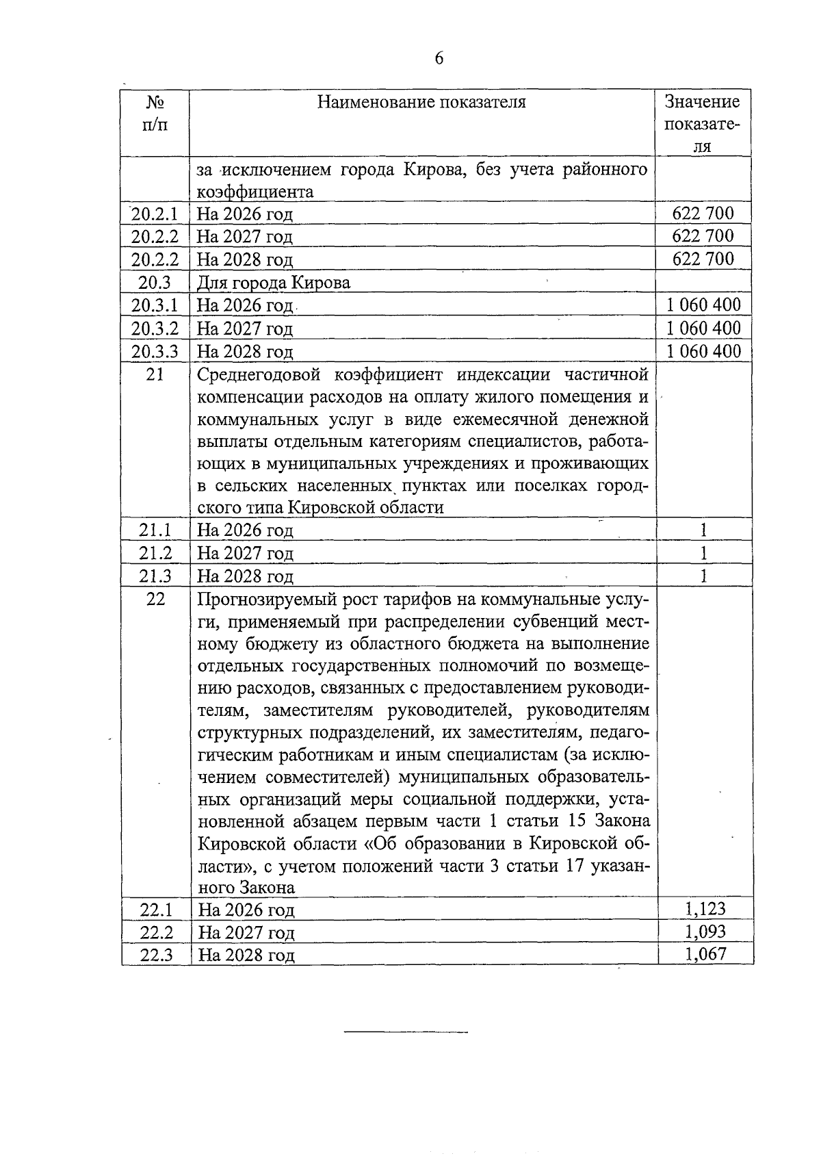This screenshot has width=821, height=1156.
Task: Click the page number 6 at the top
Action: (439, 59)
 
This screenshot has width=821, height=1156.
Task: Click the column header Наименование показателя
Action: (421, 103)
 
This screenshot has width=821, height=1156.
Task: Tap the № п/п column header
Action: (155, 114)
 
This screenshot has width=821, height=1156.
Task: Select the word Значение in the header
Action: (703, 102)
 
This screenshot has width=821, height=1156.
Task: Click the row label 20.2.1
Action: (155, 214)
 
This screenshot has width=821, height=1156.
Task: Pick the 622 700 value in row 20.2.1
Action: (703, 214)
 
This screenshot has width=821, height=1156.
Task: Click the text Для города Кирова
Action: (274, 283)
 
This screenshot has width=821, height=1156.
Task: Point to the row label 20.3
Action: (155, 282)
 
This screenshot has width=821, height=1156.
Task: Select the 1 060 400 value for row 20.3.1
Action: (703, 305)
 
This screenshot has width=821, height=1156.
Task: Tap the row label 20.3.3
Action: (155, 352)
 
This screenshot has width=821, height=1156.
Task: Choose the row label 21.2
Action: (155, 553)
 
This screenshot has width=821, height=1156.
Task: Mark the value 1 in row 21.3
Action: (703, 576)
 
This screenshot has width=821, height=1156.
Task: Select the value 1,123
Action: (705, 909)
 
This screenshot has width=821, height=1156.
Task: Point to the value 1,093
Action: (705, 932)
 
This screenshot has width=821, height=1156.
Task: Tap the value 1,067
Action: (705, 954)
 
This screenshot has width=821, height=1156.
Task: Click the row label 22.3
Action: (156, 955)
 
